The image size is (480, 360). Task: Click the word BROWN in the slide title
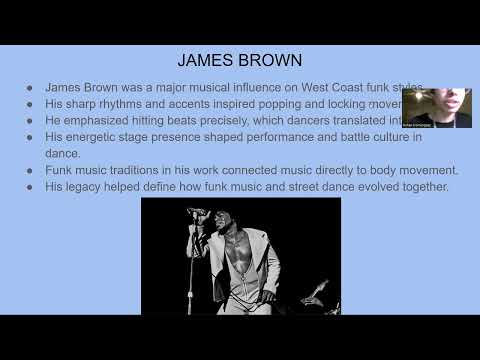270,58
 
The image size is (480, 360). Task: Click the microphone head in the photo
196,212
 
